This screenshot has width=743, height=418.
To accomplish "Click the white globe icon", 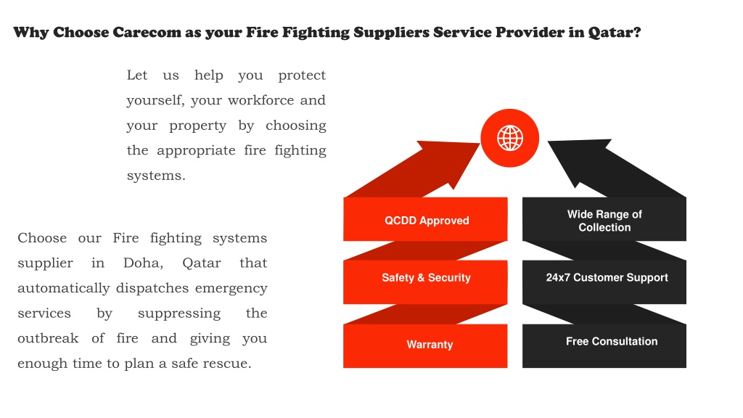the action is (510, 138).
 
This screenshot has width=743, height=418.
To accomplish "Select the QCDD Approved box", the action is (425, 219).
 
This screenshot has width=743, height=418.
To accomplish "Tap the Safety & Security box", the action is (425, 282).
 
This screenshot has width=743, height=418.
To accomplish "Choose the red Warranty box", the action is (425, 346).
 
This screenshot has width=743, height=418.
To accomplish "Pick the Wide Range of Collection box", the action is (604, 219).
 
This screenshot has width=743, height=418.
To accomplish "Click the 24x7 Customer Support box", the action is (604, 282).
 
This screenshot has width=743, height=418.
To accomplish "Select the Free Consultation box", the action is (604, 346).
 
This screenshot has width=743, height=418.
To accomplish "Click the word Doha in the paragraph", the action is (144, 263).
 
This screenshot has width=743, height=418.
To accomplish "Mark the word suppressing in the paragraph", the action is (179, 313).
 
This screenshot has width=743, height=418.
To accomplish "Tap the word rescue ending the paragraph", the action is (227, 364).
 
